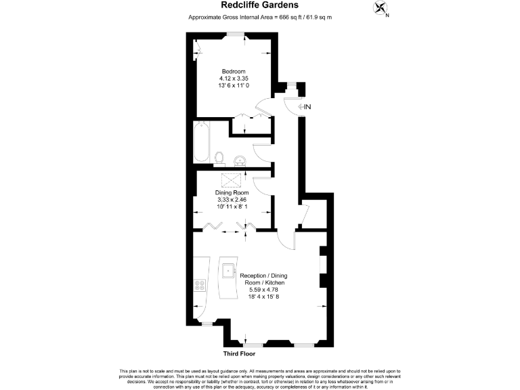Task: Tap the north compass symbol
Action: (381, 9)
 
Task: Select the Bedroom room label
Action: (234, 71)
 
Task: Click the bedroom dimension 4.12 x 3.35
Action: (234, 79)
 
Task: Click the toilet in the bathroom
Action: (219, 158)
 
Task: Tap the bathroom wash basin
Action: (238, 160)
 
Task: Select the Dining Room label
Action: (232, 193)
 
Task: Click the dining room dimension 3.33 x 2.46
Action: (232, 200)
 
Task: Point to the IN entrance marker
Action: (305, 107)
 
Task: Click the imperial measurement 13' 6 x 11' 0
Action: (234, 86)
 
